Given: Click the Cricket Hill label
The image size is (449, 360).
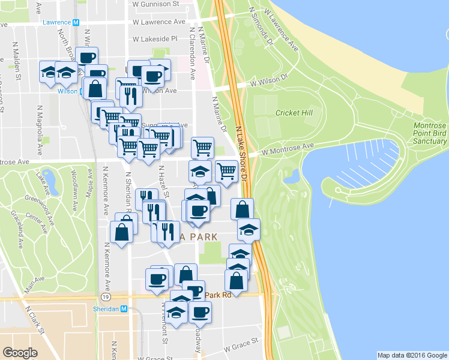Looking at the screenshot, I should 291,113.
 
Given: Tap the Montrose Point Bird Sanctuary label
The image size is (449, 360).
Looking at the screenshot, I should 430,133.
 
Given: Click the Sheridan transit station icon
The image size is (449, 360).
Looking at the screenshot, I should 124,309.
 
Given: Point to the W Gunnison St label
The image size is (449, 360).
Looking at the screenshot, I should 156,4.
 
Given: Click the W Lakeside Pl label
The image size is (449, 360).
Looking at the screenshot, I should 155,38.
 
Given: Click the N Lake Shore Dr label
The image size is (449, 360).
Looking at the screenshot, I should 241,154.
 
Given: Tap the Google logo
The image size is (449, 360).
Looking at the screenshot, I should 20,353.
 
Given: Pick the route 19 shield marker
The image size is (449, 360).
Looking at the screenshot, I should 106,296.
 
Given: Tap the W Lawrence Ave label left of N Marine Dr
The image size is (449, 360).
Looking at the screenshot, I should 159,22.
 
